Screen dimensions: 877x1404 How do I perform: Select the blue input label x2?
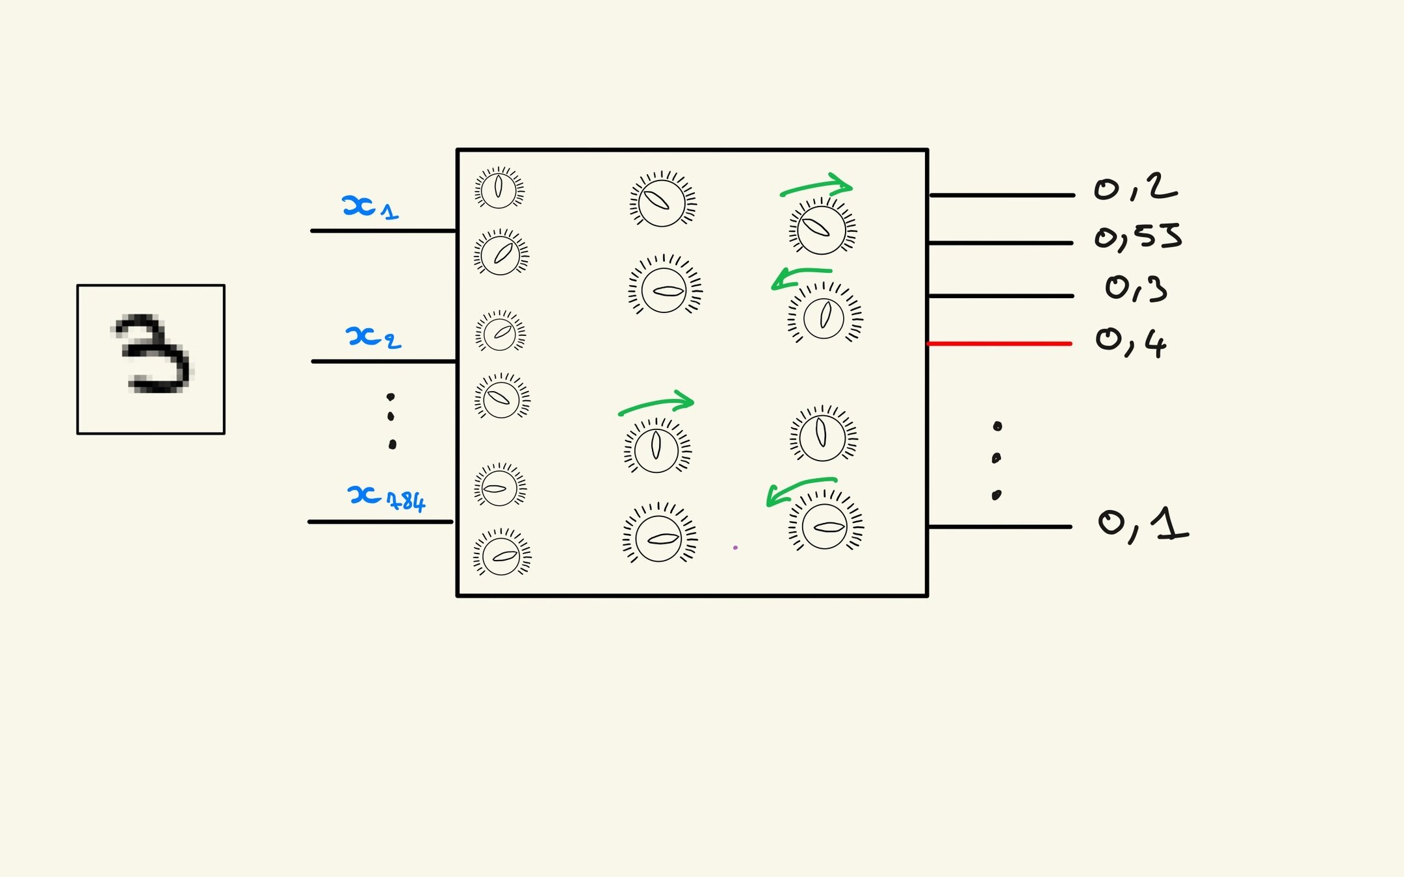pos(373,337)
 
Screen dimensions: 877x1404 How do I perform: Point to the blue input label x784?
pos(386,498)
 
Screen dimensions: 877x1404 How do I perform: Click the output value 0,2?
pos(1135,188)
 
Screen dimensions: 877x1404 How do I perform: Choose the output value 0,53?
pos(1137,237)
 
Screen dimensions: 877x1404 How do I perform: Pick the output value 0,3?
pos(1136,288)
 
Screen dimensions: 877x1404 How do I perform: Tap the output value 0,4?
pos(1131,342)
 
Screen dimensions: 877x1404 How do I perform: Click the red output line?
pos(999,344)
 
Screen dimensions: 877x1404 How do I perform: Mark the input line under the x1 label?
pos(383,231)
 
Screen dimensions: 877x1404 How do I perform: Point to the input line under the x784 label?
pos(381,522)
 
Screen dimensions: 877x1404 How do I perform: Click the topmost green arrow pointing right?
pos(816,186)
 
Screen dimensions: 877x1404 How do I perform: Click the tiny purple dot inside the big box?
pos(735,548)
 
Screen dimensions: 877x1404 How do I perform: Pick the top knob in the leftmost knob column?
pos(499,188)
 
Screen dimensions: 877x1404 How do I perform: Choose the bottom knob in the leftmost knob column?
pos(502,555)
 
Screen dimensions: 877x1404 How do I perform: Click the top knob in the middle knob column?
pos(662,201)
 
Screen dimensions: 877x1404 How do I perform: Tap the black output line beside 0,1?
pos(1000,527)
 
